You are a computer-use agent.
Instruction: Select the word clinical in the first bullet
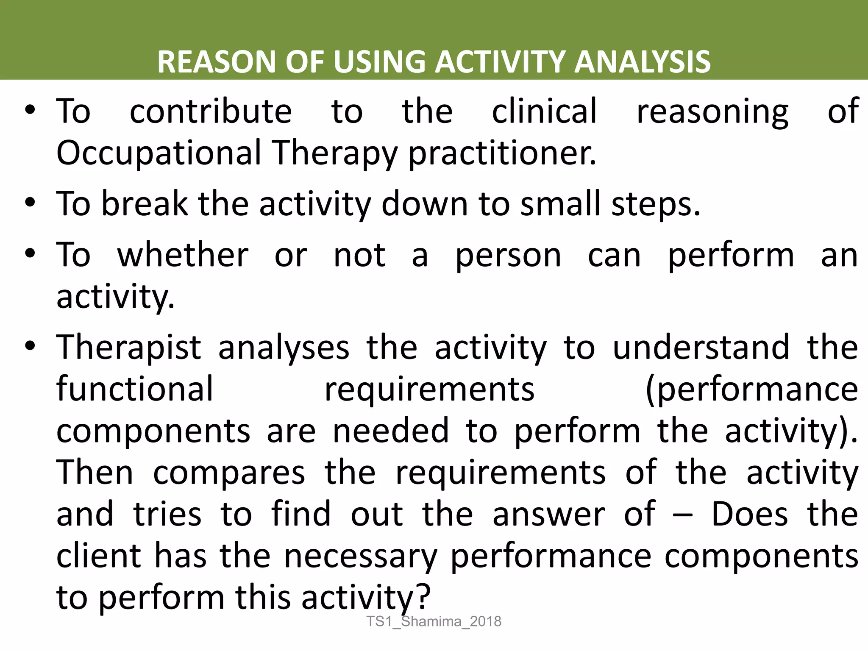click(x=544, y=111)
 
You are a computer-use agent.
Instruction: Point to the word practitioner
click(x=502, y=153)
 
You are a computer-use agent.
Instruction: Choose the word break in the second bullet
click(x=145, y=204)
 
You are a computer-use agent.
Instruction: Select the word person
click(x=508, y=256)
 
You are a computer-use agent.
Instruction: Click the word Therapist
click(x=129, y=348)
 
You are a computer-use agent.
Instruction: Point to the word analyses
click(x=284, y=348)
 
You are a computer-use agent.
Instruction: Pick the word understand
click(x=701, y=348)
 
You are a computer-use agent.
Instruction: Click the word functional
click(x=135, y=389)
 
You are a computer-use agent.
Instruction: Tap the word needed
click(x=390, y=431)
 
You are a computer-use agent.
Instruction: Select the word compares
click(x=229, y=473)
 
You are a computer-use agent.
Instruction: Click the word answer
click(x=549, y=515)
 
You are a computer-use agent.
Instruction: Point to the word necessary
click(x=360, y=556)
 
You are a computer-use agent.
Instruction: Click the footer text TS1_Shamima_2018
click(x=434, y=621)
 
